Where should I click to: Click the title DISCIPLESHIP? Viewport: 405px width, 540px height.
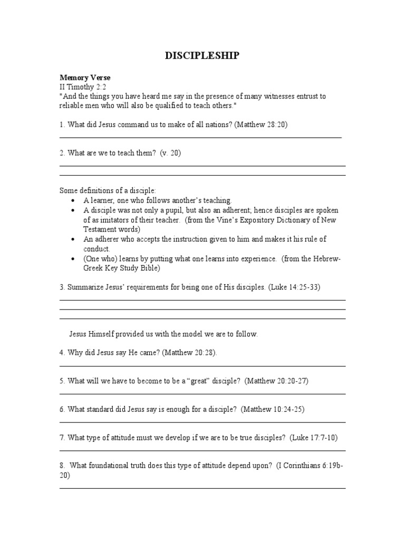202,56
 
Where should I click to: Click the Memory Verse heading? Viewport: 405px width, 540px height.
85,78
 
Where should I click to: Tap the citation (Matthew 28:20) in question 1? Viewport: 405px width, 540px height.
262,124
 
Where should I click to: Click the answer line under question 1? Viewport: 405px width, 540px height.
200,138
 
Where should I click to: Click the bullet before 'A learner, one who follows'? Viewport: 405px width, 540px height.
73,201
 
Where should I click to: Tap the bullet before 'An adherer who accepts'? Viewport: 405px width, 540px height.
73,239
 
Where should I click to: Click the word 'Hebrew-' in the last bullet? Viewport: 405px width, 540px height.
327,258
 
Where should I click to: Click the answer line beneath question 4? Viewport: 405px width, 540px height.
202,365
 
